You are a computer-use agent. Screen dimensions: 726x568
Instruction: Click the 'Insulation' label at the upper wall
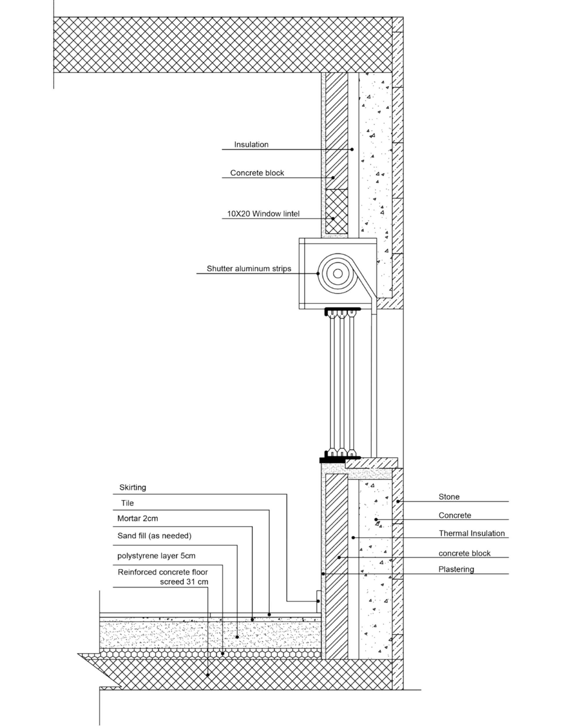[251, 145]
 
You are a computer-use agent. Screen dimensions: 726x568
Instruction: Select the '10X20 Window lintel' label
[263, 214]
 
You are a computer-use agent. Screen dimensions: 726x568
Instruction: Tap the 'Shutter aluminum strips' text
[249, 269]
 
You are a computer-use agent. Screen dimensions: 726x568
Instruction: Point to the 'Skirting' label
[133, 488]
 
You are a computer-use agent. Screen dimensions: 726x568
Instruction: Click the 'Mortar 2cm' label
[138, 518]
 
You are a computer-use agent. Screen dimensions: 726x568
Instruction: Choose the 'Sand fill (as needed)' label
[154, 536]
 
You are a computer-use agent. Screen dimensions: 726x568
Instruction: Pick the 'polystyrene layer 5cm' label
[156, 556]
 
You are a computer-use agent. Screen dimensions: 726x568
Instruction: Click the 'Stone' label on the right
[449, 497]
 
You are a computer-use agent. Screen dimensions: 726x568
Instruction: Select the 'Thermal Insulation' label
[472, 534]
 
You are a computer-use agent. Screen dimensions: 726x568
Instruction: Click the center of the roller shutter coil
[337, 273]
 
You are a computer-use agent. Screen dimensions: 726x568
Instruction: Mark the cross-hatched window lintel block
[336, 212]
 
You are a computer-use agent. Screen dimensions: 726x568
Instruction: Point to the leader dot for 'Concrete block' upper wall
[333, 178]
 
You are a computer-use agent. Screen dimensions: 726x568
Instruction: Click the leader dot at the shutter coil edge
[318, 273]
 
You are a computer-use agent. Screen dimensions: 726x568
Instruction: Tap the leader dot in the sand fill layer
[237, 637]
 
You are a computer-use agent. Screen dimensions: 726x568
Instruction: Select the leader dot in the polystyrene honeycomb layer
[222, 653]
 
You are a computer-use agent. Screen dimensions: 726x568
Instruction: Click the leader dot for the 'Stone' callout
[398, 501]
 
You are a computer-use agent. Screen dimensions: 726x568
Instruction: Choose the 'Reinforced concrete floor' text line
[163, 572]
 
